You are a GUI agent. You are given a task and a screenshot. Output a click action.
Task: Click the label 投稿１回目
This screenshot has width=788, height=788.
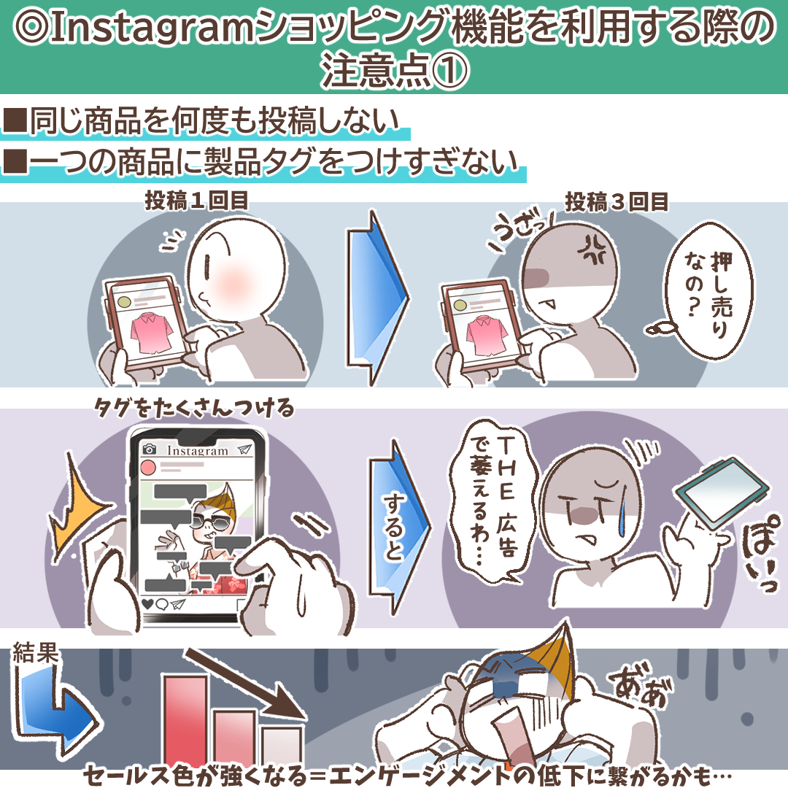pyautogui.click(x=196, y=201)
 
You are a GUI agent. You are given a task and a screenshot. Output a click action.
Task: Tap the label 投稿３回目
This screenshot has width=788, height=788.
pyautogui.click(x=617, y=202)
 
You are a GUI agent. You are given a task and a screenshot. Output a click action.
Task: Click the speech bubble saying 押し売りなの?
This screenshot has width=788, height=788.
pyautogui.click(x=709, y=291)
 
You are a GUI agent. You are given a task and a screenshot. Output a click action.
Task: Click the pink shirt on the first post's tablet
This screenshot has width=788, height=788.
pyautogui.click(x=151, y=332)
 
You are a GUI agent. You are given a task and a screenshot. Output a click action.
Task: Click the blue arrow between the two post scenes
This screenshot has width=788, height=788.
pyautogui.click(x=377, y=298)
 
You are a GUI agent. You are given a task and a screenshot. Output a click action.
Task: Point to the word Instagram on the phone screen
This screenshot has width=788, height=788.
pyautogui.click(x=198, y=451)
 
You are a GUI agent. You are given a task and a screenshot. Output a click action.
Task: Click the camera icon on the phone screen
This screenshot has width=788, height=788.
pyautogui.click(x=150, y=449)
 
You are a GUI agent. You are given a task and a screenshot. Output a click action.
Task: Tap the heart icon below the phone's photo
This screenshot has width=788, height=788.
pyautogui.click(x=147, y=603)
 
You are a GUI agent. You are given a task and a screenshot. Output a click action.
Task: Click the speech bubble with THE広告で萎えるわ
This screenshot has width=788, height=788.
pyautogui.click(x=493, y=503)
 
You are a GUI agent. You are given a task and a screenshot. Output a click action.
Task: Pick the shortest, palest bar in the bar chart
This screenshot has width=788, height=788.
pyautogui.click(x=282, y=747)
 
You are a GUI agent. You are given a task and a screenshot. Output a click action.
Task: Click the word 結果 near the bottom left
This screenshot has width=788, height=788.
pyautogui.click(x=35, y=653)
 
